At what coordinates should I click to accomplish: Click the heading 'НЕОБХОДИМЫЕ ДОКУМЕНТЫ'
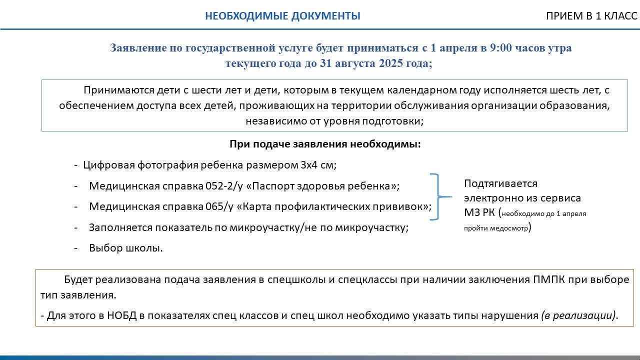pos(282,16)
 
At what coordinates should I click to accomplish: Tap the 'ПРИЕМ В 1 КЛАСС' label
pos(591,16)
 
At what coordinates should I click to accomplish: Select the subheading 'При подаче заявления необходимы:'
pos(325,144)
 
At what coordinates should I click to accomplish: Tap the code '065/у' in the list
pos(219,206)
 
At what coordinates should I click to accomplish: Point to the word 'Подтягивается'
pos(500,183)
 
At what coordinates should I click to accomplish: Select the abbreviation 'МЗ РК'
pos(480,212)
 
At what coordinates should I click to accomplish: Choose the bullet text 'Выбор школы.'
pos(126,248)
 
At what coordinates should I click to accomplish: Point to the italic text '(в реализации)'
pos(578,316)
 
